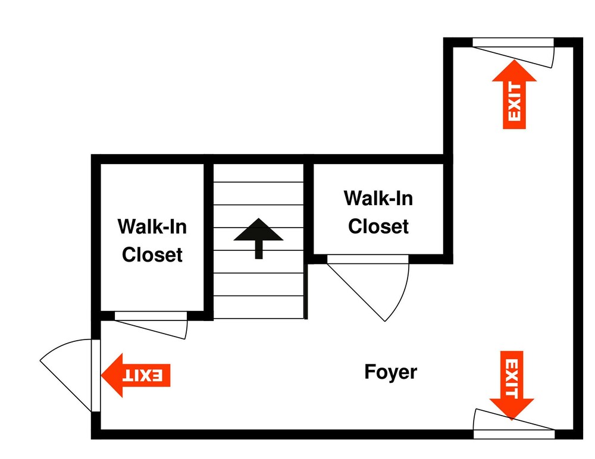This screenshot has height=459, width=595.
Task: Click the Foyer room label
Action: click(x=390, y=372)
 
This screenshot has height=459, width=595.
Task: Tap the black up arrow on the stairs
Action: click(x=258, y=238)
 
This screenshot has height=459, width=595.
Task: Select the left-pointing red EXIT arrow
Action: click(x=136, y=375)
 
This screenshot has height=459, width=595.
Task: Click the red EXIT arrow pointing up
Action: click(x=514, y=94)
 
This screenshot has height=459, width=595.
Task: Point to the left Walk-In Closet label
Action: click(x=152, y=241)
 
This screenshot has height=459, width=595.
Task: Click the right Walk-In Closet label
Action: click(x=378, y=212)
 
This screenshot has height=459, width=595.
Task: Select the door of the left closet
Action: click(x=151, y=325)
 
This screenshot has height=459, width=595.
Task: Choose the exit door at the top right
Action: click(x=513, y=53)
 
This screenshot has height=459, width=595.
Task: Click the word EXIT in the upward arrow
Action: click(x=515, y=102)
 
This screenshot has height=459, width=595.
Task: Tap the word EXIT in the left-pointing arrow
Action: click(x=143, y=376)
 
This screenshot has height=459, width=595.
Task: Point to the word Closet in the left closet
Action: click(x=152, y=254)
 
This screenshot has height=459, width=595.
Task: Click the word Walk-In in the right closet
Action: click(x=378, y=198)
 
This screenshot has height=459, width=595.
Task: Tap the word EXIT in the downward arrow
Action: click(x=512, y=378)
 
